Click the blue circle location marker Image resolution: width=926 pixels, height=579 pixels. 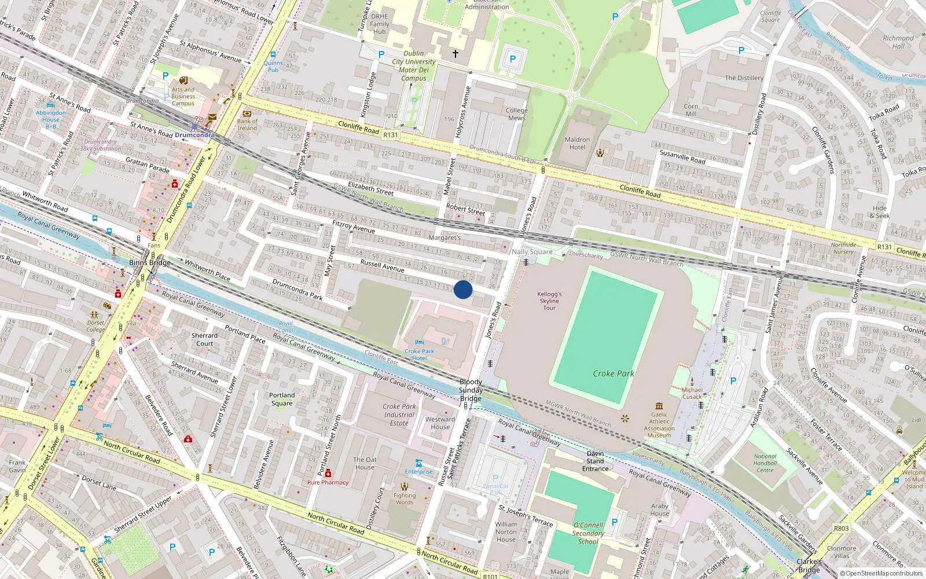pos(463,289)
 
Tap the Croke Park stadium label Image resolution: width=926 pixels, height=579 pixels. pos(613,373)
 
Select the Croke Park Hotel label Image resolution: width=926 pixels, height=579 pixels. pos(420,354)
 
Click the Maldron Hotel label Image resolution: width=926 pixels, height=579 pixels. pos(577,144)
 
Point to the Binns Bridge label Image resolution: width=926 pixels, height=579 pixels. pos(149,262)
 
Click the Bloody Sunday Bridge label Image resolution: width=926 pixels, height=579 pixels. pos(471,390)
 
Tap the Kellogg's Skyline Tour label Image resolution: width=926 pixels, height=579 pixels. pos(549,301)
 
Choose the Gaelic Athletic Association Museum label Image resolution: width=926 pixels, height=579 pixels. pos(659,425)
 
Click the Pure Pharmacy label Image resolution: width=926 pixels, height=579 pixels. pos(328,482)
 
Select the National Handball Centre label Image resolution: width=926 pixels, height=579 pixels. pos(765,463)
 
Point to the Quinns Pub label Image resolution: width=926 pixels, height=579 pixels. pos(273,66)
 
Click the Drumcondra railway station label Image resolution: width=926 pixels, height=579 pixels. pos(194,135)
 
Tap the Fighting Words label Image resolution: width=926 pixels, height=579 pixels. pos(405,499)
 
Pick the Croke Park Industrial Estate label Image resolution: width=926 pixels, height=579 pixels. pos(399,415)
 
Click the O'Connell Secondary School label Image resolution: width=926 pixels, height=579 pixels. pos(588,533)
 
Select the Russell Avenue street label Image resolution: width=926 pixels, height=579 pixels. pos(382,266)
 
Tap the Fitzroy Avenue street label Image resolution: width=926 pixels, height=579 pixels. pos(354,226)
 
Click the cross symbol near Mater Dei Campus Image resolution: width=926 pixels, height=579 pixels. pos(455,54)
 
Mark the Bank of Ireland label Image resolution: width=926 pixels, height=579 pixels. pos(247,124)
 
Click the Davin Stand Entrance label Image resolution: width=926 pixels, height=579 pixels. pos(595,461)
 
